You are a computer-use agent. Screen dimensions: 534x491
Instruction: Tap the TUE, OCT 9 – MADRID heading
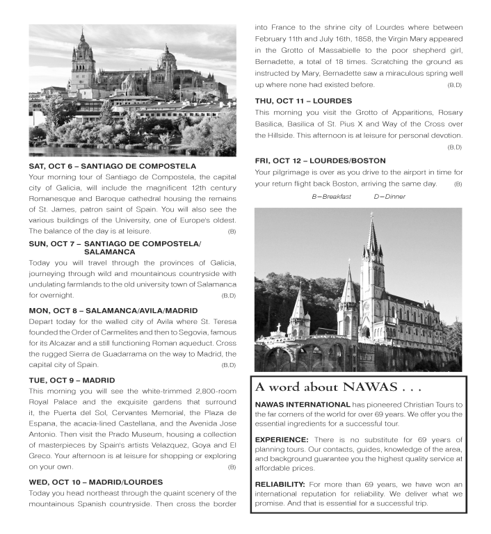point(72,380)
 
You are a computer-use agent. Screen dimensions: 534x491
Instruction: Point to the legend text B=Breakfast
point(332,197)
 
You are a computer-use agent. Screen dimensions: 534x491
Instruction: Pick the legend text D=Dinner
point(389,197)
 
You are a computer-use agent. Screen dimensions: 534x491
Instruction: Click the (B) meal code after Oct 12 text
point(458,184)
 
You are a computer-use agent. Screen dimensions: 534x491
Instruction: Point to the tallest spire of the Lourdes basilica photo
point(372,226)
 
